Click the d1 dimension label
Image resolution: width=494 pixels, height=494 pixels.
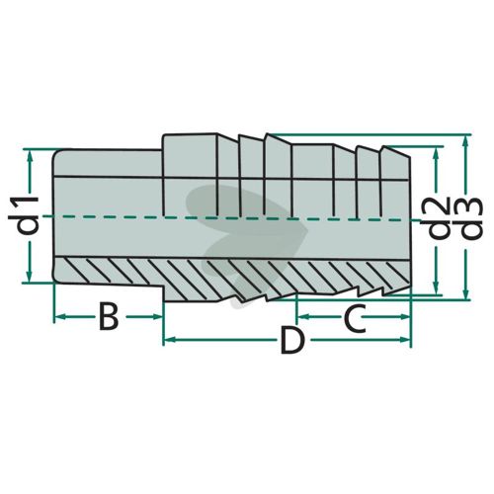point(24,215)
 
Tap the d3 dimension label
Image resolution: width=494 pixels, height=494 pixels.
point(470,218)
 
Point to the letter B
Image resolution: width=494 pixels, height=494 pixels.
point(109,317)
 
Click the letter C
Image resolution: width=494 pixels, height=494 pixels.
point(356,318)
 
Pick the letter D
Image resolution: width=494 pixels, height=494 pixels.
point(292,341)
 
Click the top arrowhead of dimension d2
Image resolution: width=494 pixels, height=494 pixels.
point(437,154)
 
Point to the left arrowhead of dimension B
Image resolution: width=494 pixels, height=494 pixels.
point(61,317)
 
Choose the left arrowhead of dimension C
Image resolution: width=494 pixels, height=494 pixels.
point(304,317)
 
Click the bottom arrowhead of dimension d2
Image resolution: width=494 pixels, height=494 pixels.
point(437,288)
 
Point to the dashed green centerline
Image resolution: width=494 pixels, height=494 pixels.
point(230,218)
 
